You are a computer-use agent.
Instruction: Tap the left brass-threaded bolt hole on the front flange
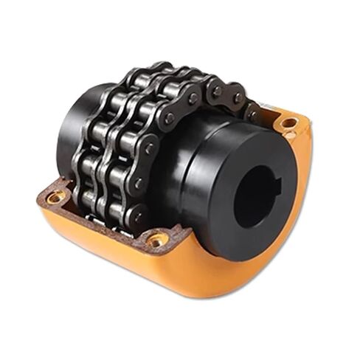click(55, 196)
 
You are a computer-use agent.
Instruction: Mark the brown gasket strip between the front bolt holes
click(103, 221)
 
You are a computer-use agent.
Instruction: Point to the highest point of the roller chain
click(159, 66)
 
